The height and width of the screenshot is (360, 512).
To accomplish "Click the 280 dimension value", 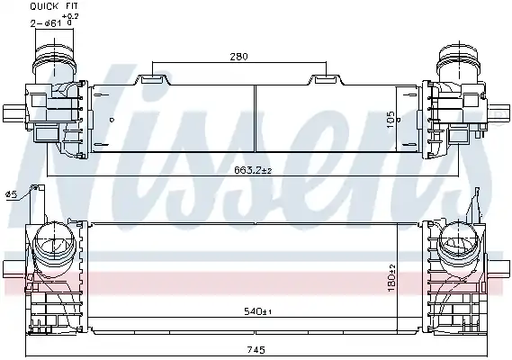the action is (238, 57).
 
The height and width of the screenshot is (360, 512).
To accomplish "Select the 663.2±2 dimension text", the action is (253, 170).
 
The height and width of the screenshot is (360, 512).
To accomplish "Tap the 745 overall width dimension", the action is (256, 350).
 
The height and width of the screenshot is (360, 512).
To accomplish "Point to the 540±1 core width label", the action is (258, 311).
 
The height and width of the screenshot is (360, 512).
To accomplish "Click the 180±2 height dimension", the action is (391, 278).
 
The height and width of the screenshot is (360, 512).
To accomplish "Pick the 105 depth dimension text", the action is (391, 120).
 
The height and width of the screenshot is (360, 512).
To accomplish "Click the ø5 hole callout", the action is (11, 194).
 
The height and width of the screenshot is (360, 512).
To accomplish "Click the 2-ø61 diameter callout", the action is (46, 23).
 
